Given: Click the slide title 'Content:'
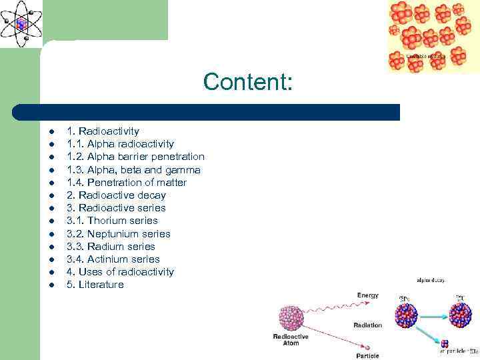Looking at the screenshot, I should (x=247, y=82).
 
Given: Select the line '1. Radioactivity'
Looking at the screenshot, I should (x=103, y=131).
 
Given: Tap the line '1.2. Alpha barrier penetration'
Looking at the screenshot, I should (x=135, y=157).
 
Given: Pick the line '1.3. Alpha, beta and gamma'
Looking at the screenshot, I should (x=133, y=170).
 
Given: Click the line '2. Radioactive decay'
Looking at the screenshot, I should (x=116, y=195).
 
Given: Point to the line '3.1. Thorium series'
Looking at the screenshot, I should (x=112, y=221).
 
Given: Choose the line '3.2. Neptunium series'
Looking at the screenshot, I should (x=118, y=234).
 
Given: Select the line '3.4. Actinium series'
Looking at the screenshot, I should (x=113, y=259).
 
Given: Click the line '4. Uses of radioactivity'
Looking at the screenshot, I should (x=120, y=272).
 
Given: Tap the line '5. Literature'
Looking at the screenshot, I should (x=95, y=285).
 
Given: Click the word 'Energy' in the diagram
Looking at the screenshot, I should (x=368, y=295).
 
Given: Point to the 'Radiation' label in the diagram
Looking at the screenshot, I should (x=368, y=325).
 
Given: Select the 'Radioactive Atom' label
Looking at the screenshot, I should (x=291, y=340).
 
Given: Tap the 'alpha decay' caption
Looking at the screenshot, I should (x=431, y=281).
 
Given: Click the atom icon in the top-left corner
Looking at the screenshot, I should (x=21, y=23).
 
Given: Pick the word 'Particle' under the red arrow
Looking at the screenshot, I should (x=368, y=355).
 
